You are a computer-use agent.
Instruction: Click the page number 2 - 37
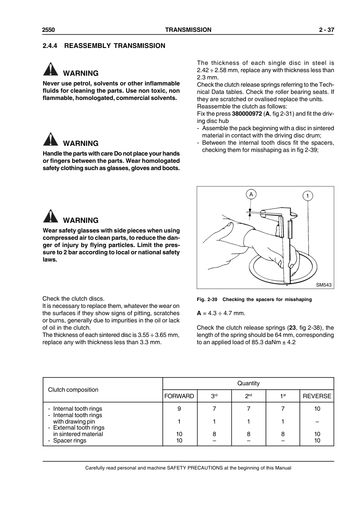(326, 30)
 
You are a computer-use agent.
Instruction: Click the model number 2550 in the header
(48, 30)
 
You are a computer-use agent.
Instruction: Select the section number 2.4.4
(50, 46)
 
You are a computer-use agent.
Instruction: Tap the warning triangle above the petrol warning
(50, 69)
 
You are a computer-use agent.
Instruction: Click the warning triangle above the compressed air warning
(50, 216)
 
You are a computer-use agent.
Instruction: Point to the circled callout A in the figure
(251, 194)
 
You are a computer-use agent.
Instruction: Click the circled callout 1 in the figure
(308, 196)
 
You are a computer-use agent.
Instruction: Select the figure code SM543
(324, 285)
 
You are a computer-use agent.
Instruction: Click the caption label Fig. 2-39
(207, 299)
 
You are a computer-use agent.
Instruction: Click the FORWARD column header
(179, 396)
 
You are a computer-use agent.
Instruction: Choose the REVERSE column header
(317, 396)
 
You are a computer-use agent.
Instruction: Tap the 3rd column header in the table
(214, 396)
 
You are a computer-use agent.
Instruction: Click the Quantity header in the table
(248, 383)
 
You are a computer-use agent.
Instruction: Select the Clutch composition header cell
(73, 390)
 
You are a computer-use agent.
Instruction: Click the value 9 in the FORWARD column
(179, 409)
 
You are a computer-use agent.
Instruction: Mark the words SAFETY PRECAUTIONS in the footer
(194, 468)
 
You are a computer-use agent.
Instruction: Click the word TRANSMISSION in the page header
(188, 30)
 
